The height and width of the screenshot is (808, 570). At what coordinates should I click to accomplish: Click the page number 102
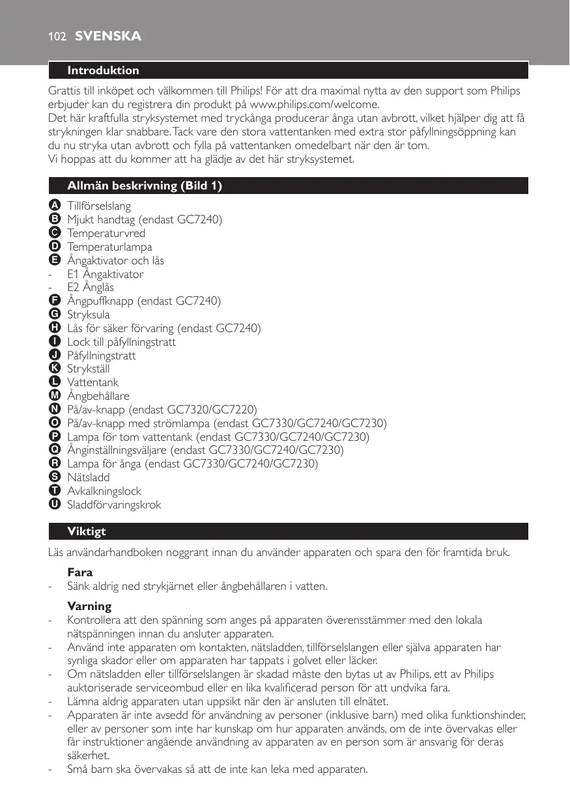57,36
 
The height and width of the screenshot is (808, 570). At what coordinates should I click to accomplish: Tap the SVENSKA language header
108,36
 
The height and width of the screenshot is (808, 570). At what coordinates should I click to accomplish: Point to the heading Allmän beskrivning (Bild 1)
145,186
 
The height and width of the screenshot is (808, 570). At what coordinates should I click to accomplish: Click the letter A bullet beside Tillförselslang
55,206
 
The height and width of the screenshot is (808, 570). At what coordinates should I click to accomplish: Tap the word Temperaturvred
106,233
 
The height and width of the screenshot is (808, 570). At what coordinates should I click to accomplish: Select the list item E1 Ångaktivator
106,274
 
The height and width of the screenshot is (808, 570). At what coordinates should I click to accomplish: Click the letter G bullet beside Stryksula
55,314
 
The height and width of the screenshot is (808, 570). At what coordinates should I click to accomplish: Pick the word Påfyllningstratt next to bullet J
102,355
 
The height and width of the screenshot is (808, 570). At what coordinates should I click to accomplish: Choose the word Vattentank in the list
93,383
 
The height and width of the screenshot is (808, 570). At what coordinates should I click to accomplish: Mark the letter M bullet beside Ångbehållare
55,396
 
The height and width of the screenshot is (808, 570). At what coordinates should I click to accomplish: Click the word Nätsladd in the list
89,478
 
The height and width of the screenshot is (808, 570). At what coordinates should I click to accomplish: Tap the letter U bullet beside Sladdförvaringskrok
55,505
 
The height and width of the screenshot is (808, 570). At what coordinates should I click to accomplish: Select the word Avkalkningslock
104,491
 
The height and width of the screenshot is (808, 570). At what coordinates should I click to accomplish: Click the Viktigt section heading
87,531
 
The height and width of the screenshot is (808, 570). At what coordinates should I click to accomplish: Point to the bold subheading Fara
80,572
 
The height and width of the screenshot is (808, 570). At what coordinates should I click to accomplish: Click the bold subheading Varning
89,606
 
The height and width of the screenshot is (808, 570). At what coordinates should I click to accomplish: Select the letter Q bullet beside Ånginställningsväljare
55,450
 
